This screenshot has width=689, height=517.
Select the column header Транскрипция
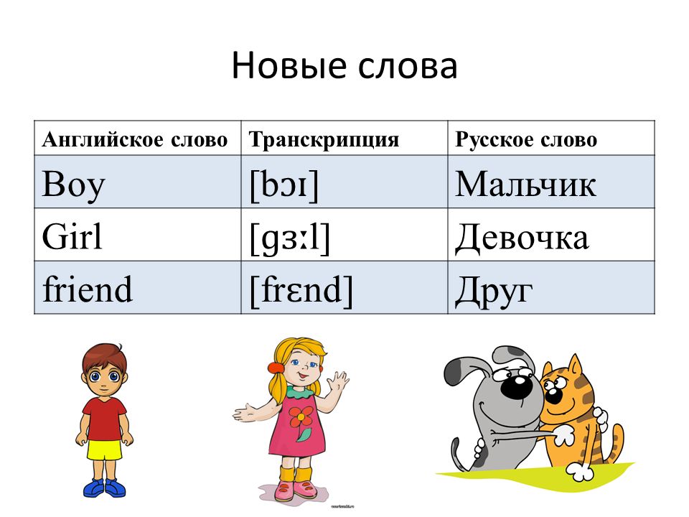click(324, 140)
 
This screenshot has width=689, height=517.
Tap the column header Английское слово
click(135, 140)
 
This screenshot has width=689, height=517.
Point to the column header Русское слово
click(526, 140)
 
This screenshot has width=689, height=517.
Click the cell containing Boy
click(138, 182)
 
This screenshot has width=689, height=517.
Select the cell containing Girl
click(138, 235)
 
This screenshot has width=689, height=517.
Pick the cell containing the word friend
click(138, 287)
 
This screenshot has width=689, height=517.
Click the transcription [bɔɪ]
click(284, 185)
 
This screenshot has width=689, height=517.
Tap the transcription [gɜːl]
click(289, 238)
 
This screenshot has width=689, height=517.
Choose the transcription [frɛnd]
click(301, 290)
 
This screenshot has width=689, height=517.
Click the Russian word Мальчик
click(525, 184)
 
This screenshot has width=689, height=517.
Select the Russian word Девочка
click(522, 238)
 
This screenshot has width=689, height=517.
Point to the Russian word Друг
click(494, 291)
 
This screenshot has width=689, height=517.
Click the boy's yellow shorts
click(104, 450)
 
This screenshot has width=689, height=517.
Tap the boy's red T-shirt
click(104, 419)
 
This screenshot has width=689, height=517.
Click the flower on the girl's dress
click(301, 419)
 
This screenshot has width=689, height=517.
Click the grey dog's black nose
click(513, 386)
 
